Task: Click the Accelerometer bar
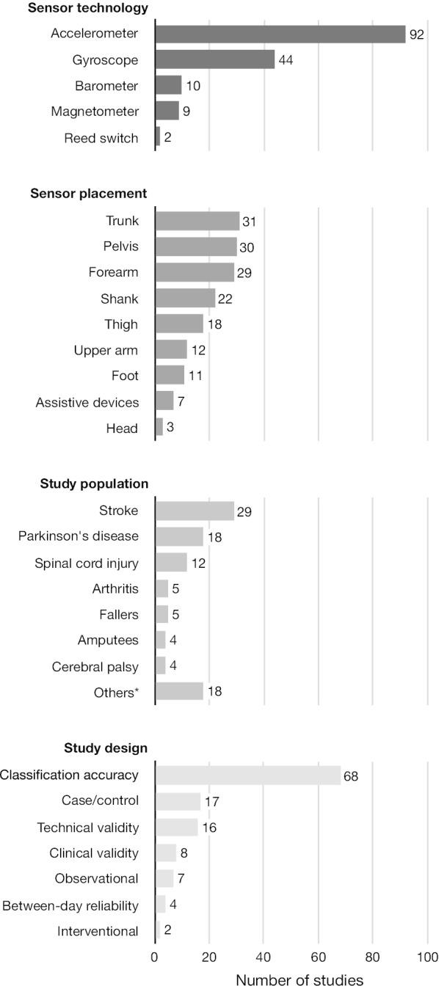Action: pos(280,34)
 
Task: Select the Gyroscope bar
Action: pos(215,59)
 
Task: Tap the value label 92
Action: pos(417,34)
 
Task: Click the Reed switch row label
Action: pos(101,137)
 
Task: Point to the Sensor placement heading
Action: pos(89,194)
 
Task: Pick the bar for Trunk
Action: pos(197,221)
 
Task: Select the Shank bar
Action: pos(185,298)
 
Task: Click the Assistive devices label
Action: pos(87,401)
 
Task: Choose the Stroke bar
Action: pos(195,511)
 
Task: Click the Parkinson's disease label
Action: pos(79,536)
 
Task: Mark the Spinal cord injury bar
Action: pos(171,563)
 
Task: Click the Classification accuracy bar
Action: pos(248,775)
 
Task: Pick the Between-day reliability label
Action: pos(70,905)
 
